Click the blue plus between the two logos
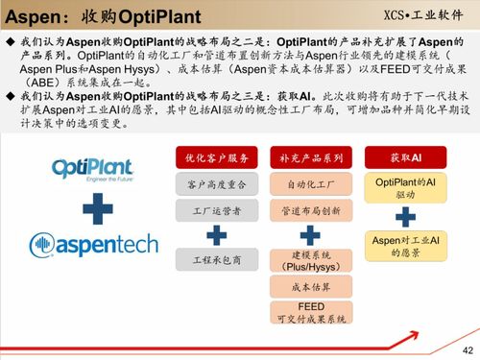tap(92, 208)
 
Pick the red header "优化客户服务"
tap(217, 157)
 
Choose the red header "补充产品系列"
tap(310, 157)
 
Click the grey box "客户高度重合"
tap(217, 183)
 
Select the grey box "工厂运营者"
tap(217, 209)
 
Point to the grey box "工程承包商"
tap(217, 259)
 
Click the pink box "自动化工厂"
tap(310, 183)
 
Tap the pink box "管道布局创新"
tap(310, 209)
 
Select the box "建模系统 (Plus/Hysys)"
tap(310, 262)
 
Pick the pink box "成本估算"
tap(310, 287)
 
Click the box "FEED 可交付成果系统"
tap(310, 312)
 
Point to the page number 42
tap(468, 348)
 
